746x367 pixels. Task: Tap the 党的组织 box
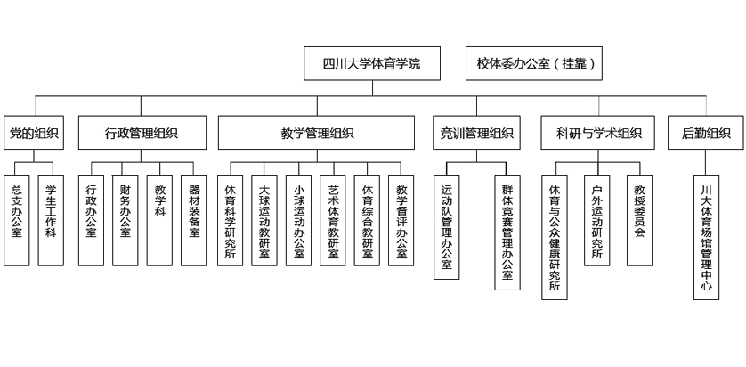tap(35, 134)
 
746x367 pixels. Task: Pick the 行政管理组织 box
tap(141, 134)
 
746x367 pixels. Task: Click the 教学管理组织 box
tap(317, 134)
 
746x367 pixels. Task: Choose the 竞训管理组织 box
tap(476, 134)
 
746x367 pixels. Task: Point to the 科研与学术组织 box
tap(598, 134)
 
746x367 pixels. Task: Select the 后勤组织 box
tap(706, 134)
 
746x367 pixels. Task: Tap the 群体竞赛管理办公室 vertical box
tap(507, 226)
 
